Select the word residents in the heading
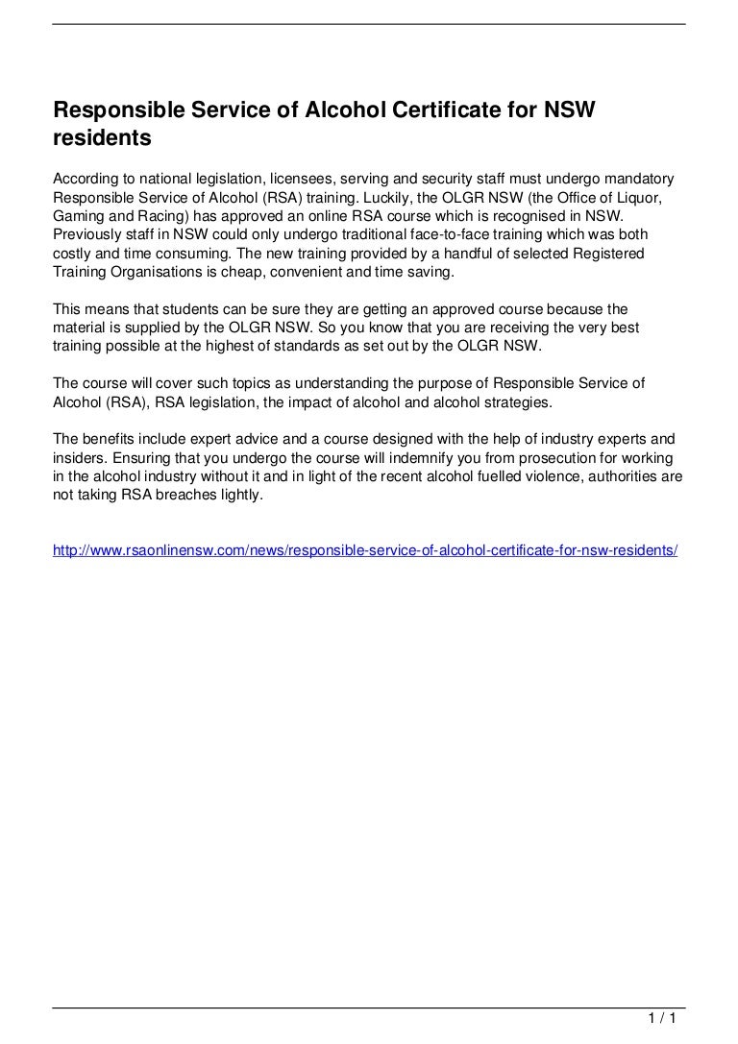pos(102,138)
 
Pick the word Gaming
pos(78,216)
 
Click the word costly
pos(73,253)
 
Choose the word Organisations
pos(168,271)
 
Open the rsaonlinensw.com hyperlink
pos(365,550)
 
